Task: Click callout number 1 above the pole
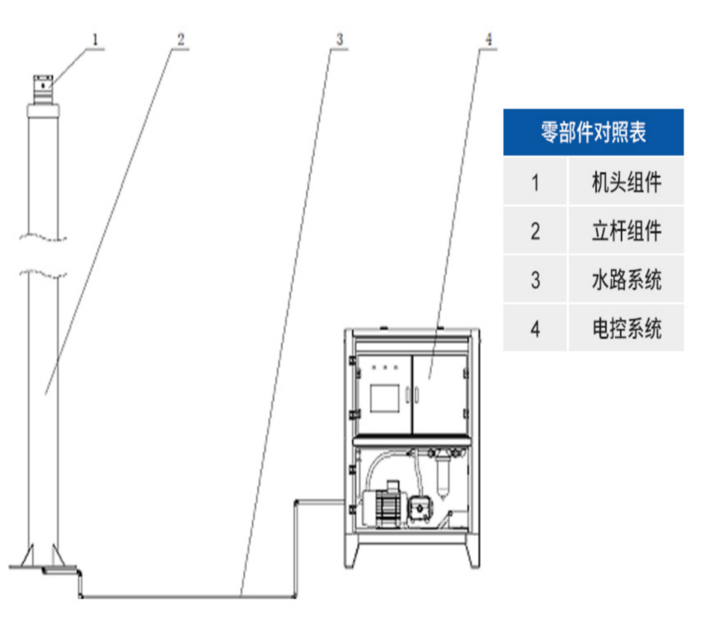click(96, 39)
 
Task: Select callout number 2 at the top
click(181, 39)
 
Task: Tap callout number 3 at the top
click(339, 39)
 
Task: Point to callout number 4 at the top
click(489, 39)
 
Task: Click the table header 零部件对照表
click(593, 132)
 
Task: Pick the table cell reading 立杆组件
click(626, 230)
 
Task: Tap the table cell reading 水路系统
click(626, 279)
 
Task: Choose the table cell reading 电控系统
click(626, 328)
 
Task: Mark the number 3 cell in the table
click(535, 279)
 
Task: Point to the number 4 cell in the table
click(535, 328)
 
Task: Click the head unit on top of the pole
click(43, 86)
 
